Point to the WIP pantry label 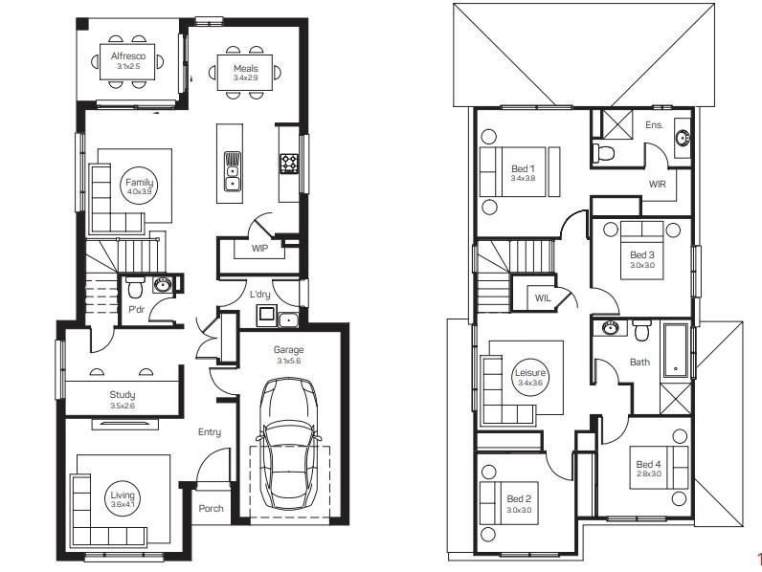[258, 249]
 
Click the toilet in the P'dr [136, 286]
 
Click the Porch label [211, 509]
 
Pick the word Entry [210, 432]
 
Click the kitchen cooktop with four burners [289, 164]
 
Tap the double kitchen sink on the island [232, 171]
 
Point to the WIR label [657, 184]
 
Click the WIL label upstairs [543, 298]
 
